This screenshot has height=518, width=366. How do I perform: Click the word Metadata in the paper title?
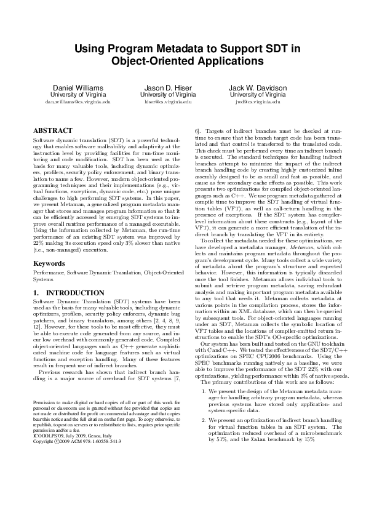(178, 50)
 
